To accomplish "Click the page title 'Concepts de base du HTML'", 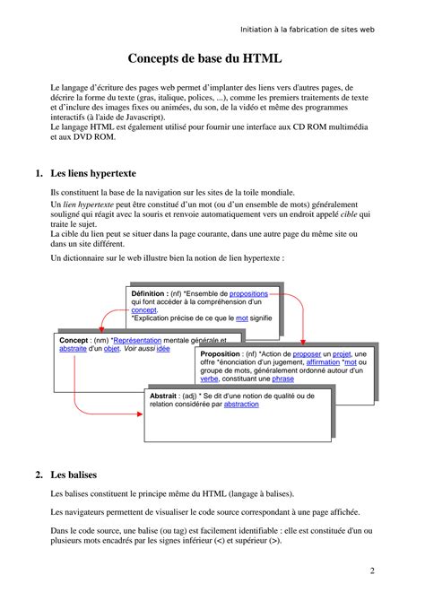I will (204, 59).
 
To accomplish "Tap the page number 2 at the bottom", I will (372, 571).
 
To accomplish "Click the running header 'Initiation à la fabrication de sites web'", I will (308, 29).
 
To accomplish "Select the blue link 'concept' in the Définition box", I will (143, 309).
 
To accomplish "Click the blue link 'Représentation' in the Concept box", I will (143, 342).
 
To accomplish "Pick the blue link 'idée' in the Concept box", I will (162, 350).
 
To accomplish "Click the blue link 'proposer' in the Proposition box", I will (304, 355).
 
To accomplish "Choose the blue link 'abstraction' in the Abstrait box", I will (241, 405).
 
